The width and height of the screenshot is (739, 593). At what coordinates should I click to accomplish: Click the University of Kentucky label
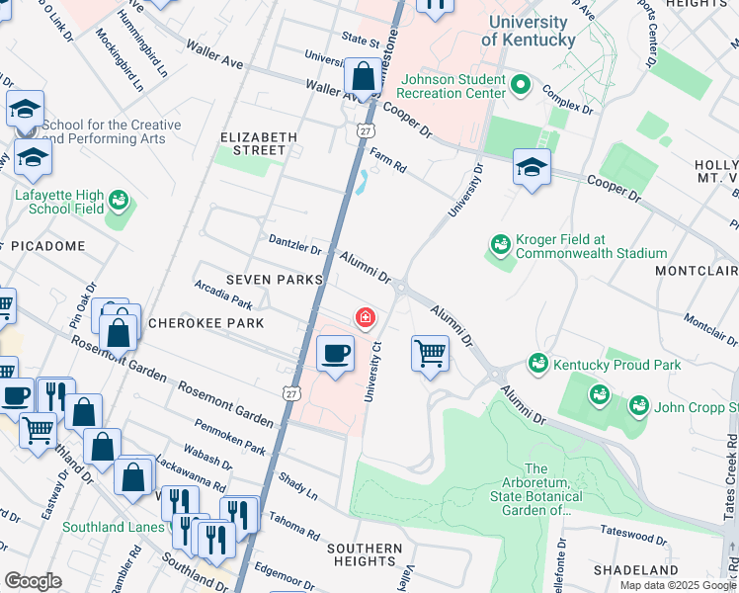528,32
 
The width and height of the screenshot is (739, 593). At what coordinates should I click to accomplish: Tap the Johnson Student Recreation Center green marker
517,86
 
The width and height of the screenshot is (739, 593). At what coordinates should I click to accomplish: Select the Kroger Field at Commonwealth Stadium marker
500,244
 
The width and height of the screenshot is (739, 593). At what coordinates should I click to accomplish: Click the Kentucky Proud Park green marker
538,364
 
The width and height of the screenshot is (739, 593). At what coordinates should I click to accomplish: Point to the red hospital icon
366,317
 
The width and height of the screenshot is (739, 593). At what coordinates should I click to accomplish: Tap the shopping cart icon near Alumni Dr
430,351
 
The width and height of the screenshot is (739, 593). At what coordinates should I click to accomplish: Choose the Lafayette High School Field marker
120,202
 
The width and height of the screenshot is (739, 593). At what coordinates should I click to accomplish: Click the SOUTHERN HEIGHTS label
365,554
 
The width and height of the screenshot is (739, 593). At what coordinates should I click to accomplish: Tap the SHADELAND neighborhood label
636,570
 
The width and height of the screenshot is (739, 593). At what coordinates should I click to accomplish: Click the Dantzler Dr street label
295,243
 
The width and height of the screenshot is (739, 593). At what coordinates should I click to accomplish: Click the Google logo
33,581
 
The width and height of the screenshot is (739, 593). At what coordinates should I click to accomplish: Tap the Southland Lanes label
113,527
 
